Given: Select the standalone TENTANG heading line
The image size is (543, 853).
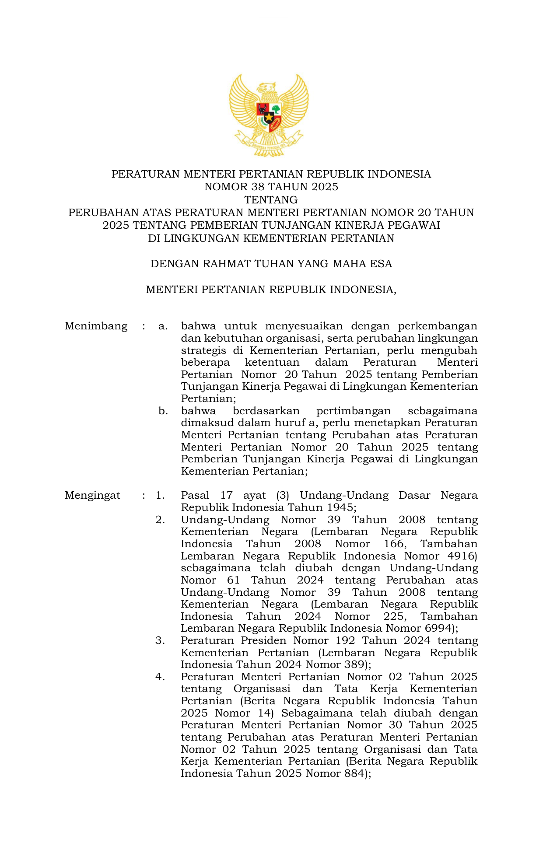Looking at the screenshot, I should point(271,200).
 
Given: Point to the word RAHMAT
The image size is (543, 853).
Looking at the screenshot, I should point(227,264).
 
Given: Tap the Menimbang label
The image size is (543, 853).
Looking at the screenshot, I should point(96,326).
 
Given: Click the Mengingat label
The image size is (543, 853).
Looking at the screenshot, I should point(92,495).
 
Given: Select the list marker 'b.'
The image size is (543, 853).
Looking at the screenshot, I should point(163,411).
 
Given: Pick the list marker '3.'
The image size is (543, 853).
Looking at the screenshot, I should point(160,640).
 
